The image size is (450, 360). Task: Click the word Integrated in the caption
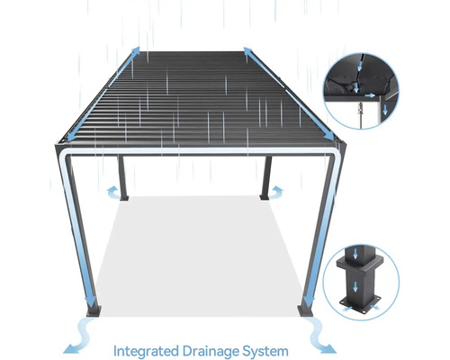(146, 351)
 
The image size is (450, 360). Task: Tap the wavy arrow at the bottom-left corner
(78, 336)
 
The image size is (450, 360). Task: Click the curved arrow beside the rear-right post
(276, 193)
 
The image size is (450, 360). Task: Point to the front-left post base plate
(94, 311)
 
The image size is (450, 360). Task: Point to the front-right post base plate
(305, 311)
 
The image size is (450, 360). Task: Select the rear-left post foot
(124, 198)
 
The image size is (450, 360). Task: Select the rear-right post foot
(265, 198)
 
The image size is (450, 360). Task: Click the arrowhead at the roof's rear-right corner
(247, 50)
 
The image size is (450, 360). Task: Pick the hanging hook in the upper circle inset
(360, 109)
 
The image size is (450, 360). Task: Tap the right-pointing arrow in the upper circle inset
(370, 95)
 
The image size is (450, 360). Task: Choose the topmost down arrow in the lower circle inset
(355, 255)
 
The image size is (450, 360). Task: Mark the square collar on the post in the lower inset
(360, 263)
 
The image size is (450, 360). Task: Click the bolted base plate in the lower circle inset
(360, 305)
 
